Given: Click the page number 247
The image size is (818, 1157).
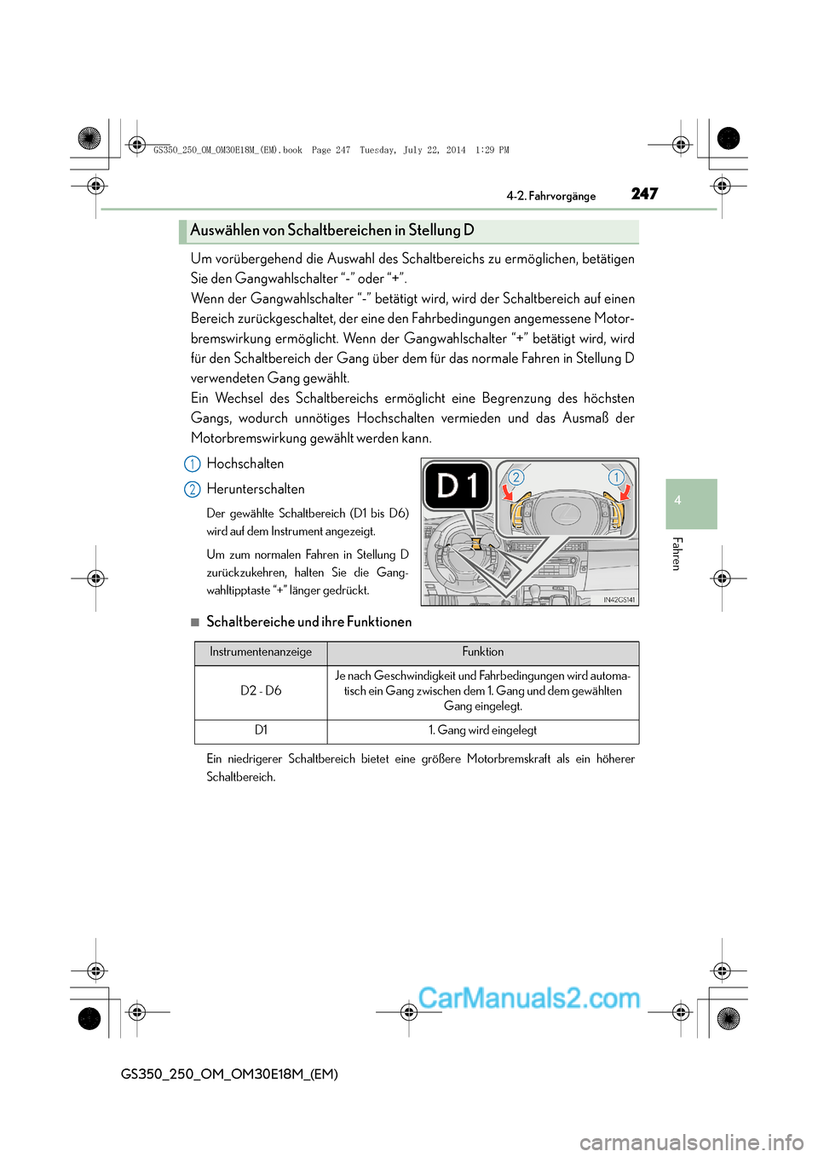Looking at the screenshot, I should tap(644, 194).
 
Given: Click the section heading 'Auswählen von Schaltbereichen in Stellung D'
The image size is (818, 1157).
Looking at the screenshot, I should tap(332, 230).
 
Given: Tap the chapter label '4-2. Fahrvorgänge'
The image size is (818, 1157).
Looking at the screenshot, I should tap(550, 196).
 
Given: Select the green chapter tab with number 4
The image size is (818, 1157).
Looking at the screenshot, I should tap(691, 504).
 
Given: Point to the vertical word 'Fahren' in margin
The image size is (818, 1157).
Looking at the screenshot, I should tap(677, 554).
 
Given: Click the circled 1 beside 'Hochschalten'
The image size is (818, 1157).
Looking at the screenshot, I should tap(193, 464).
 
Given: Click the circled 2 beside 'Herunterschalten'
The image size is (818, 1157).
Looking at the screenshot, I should tap(193, 490).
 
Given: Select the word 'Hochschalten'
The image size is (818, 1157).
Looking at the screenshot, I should tap(245, 463).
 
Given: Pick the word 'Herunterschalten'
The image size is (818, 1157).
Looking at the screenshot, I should tap(256, 489).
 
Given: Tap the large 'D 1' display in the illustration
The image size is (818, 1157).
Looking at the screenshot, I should tap(458, 486).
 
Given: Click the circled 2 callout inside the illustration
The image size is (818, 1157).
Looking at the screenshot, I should tap(516, 477).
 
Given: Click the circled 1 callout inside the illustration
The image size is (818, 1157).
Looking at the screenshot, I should tap(615, 477).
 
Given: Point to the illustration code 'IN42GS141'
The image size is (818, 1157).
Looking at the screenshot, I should tap(619, 600).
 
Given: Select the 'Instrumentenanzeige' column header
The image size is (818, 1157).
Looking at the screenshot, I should tap(261, 653).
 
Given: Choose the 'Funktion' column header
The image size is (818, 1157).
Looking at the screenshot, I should tap(483, 653).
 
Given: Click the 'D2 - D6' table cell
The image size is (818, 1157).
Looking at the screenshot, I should tap(261, 691).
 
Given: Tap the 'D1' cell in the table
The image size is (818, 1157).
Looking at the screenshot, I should tap(261, 730).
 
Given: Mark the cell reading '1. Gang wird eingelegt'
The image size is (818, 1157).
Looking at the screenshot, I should tap(483, 730).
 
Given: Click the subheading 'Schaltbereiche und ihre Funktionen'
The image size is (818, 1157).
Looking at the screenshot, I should tap(308, 622).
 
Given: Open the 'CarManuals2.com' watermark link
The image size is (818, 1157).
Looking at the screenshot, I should tap(529, 998).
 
